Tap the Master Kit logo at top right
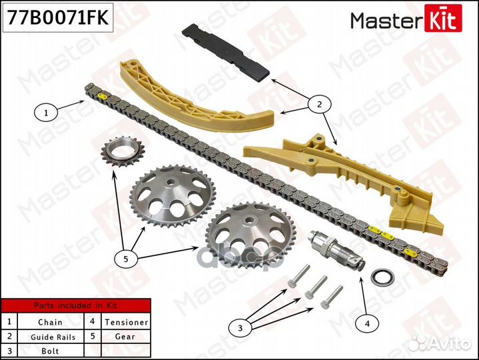coord(406,21)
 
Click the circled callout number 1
coord(46,113)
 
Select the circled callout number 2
coord(319,104)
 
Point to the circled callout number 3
coord(240,327)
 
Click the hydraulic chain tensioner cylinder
coord(333,248)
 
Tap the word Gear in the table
coord(125,336)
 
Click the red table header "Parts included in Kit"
coord(75,306)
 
